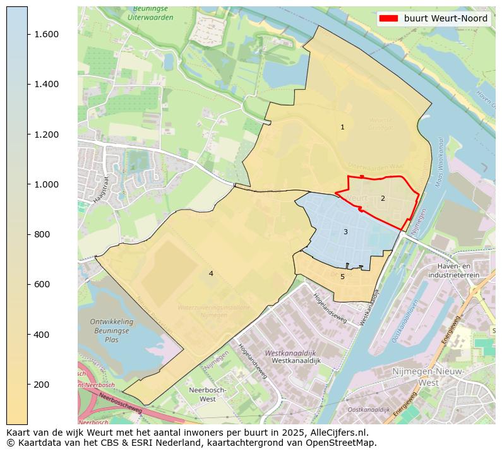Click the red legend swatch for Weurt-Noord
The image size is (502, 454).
click(388, 18)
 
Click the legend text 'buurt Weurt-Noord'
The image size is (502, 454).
click(446, 18)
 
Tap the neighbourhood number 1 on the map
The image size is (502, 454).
click(342, 127)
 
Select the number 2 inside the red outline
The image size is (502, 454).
click(382, 198)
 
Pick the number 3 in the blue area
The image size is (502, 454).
click(345, 232)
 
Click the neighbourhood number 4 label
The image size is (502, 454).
click(211, 273)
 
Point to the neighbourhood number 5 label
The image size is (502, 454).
click(342, 277)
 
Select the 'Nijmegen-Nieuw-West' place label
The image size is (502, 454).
click(429, 377)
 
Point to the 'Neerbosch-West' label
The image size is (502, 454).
click(203, 395)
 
